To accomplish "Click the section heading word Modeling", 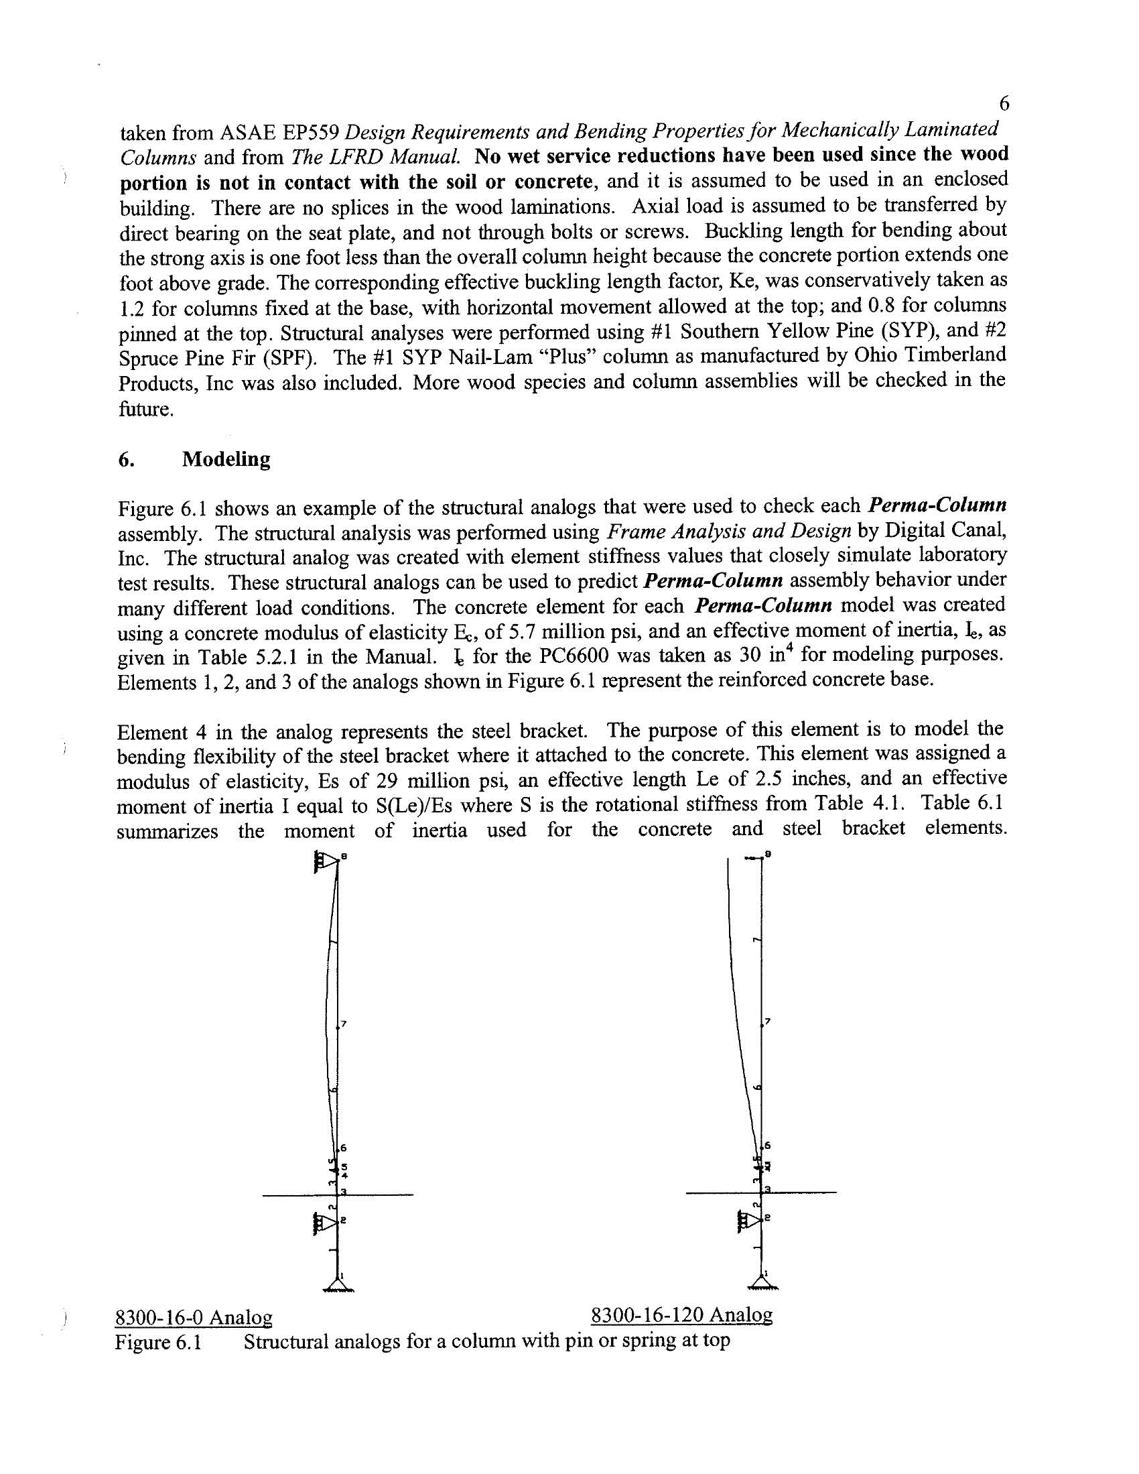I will point(226,460).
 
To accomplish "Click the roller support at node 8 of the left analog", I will point(326,863).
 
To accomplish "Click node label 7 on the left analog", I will point(344,1024).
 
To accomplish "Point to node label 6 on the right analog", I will point(766,1146).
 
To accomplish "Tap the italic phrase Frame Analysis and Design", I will point(728,532).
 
